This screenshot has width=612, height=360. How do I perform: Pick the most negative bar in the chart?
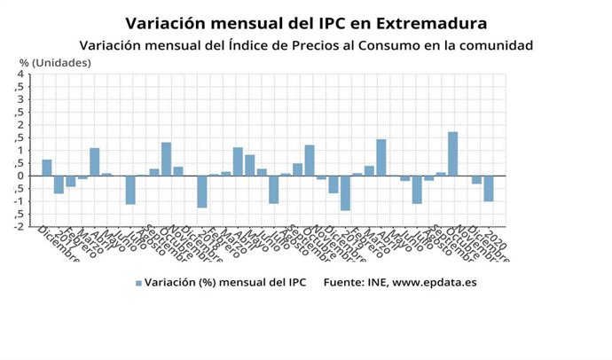(x=345, y=192)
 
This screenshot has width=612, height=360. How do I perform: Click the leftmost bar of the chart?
(x=47, y=168)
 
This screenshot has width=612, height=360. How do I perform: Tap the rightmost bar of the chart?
(x=488, y=188)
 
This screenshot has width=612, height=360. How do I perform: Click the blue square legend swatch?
(x=138, y=283)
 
